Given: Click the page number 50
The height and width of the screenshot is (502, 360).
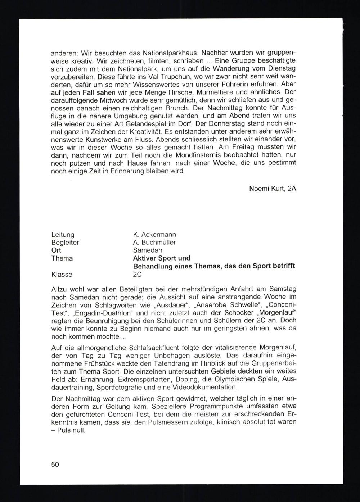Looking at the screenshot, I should click(x=55, y=465).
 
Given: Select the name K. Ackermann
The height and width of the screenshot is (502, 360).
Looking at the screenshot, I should click(x=154, y=235).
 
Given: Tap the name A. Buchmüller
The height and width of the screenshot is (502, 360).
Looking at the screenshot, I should click(x=154, y=243).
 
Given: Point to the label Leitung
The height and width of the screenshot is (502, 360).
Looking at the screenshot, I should click(x=63, y=235).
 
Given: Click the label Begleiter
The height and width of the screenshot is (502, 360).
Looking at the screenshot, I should click(x=65, y=243).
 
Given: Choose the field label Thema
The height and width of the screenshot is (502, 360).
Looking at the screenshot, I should click(x=62, y=258).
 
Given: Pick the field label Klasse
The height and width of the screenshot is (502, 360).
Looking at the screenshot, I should click(x=62, y=275).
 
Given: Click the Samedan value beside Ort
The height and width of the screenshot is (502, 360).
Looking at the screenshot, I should click(x=148, y=250).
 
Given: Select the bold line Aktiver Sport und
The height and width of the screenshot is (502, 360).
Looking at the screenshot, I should click(x=162, y=258).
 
